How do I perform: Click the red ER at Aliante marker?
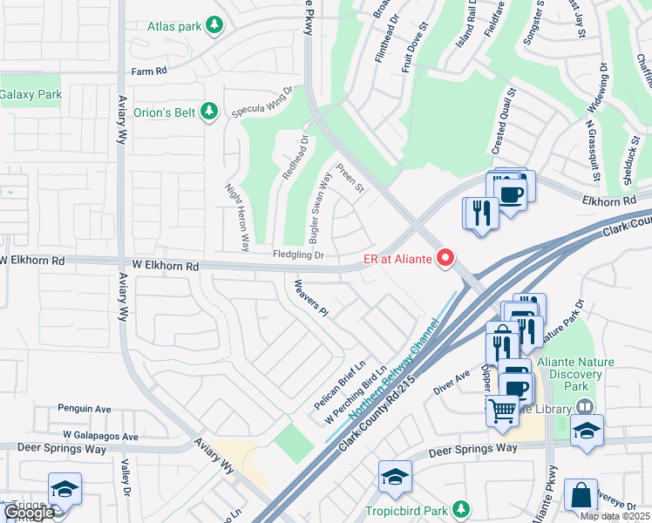(x=445, y=257)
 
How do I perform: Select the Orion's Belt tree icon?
(x=207, y=111)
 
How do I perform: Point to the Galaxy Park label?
(x=31, y=94)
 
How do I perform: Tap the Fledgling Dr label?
(x=298, y=255)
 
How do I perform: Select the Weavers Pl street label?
(x=310, y=297)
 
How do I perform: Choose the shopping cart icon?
(x=502, y=408)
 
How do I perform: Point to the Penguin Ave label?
(x=85, y=408)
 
